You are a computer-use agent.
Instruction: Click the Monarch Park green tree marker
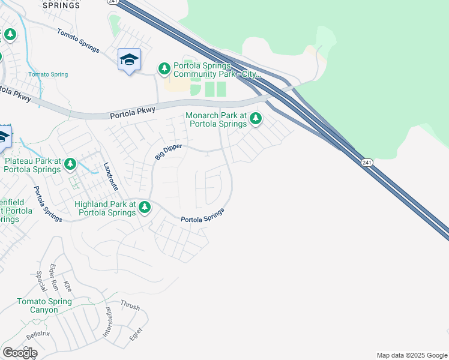256,118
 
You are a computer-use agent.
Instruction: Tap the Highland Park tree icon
144,208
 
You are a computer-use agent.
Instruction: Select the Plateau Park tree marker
70,163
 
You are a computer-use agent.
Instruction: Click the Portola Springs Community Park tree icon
164,69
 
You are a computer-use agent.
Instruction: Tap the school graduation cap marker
129,59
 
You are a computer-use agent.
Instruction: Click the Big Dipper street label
167,150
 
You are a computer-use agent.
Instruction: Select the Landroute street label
110,177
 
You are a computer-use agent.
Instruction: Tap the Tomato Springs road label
78,41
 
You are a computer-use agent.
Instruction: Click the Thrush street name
130,306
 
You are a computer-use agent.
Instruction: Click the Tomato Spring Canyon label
37,305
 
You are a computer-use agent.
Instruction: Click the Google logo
20,353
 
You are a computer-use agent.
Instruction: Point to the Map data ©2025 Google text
411,355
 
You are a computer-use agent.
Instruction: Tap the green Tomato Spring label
48,74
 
